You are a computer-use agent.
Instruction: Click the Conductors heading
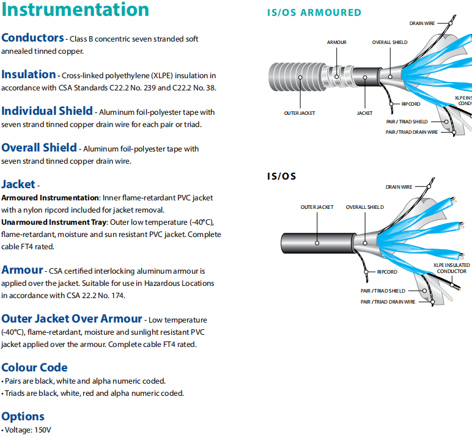click(32, 38)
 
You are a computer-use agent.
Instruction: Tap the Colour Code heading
click(34, 368)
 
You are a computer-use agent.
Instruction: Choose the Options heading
click(23, 417)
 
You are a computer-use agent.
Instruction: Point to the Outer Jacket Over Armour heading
click(72, 319)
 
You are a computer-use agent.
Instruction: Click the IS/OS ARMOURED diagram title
click(314, 13)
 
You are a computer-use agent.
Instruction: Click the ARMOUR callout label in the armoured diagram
click(336, 42)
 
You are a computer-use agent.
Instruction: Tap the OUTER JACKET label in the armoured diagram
click(299, 113)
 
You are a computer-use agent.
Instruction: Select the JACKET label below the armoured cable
click(364, 113)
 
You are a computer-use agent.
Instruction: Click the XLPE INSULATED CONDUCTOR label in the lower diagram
click(451, 268)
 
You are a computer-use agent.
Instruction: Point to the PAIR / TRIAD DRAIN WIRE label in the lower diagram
click(388, 302)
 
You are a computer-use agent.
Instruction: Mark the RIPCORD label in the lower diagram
click(387, 272)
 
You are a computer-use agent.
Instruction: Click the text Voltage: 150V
click(27, 430)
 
